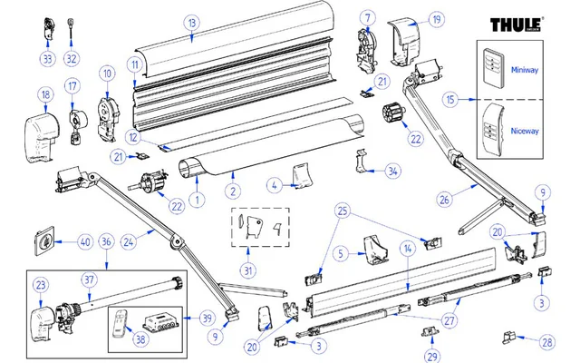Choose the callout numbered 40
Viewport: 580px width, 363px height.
(85, 241)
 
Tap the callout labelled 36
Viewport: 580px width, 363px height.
(106, 241)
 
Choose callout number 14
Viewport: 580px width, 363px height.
(408, 248)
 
